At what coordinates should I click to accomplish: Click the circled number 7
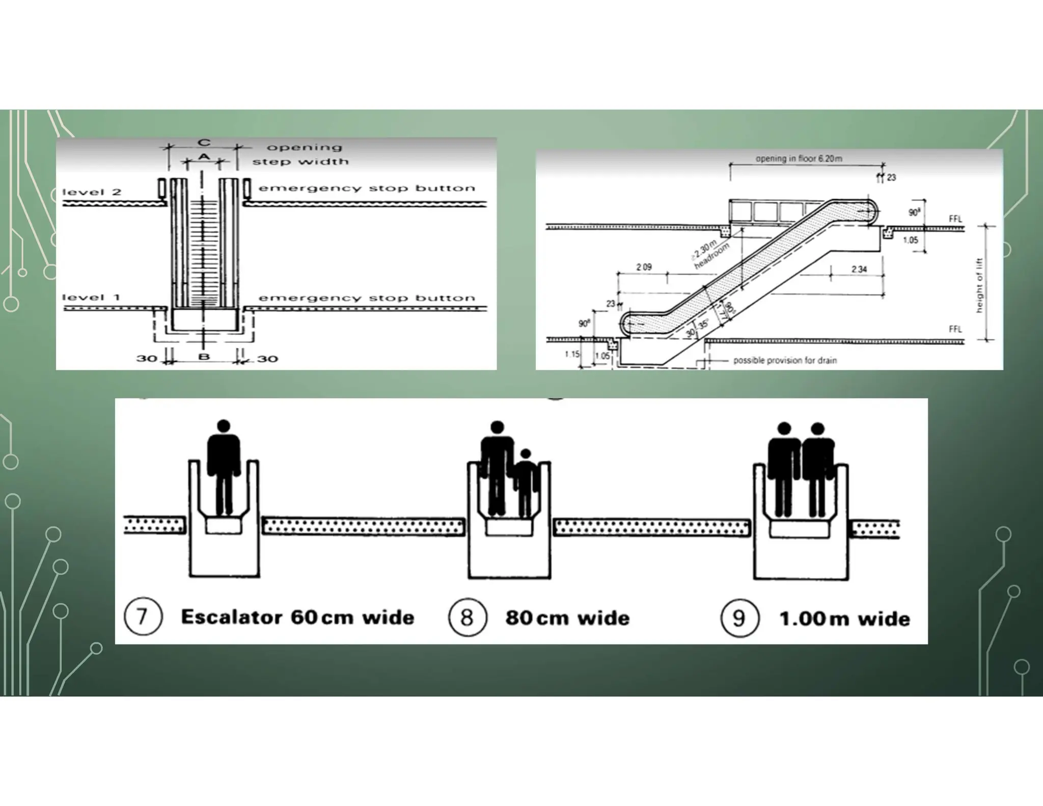(x=143, y=617)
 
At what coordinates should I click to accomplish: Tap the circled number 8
(x=467, y=617)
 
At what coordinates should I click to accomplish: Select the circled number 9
(x=739, y=618)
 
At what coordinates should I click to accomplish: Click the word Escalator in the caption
(x=232, y=617)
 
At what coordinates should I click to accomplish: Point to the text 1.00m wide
(x=844, y=619)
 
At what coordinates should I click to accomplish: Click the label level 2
(x=92, y=192)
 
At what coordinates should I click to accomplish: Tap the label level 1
(x=91, y=297)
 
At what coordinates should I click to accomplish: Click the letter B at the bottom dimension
(x=204, y=357)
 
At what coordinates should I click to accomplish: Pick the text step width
(x=300, y=162)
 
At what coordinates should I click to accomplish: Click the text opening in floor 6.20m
(x=799, y=158)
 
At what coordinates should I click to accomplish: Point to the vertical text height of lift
(x=979, y=285)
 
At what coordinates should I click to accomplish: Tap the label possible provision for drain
(x=785, y=360)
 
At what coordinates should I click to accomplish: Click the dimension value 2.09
(x=644, y=267)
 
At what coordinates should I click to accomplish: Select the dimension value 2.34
(x=859, y=269)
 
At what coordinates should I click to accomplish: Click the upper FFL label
(x=955, y=219)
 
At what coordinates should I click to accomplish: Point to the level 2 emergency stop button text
(x=367, y=189)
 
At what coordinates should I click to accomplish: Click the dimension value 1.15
(x=572, y=354)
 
